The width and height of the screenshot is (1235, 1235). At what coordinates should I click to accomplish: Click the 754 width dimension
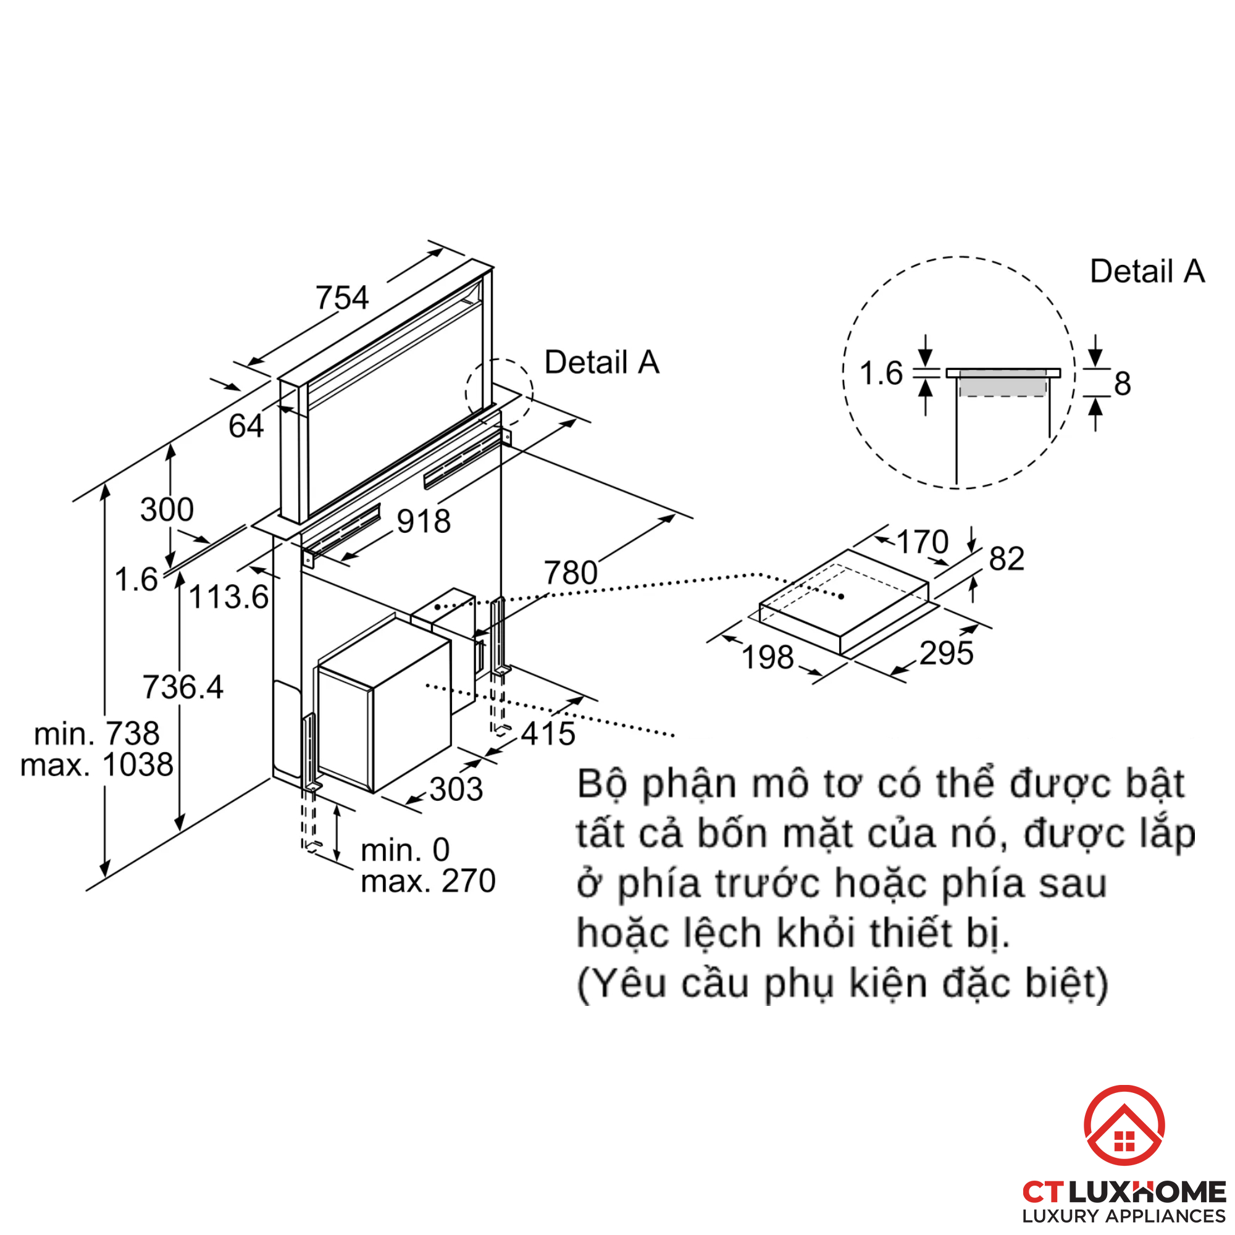(342, 298)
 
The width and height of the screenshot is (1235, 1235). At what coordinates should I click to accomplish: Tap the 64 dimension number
(246, 425)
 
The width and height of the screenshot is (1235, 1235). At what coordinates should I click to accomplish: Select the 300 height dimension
(167, 509)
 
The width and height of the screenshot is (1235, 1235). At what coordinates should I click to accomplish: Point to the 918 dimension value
(423, 521)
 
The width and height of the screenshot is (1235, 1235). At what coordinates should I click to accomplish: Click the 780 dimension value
(570, 573)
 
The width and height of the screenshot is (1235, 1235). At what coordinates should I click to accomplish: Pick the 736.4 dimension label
(183, 687)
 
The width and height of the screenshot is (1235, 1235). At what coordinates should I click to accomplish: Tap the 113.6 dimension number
(228, 597)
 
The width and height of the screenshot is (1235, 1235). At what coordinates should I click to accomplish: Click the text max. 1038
(96, 764)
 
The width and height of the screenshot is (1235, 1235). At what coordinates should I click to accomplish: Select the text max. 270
(428, 881)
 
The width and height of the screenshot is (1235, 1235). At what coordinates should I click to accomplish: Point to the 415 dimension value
(548, 733)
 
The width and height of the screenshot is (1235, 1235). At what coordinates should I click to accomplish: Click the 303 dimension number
(456, 789)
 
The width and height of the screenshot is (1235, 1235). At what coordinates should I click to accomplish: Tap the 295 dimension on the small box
(946, 653)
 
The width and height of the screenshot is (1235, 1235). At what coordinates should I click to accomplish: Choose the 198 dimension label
(768, 657)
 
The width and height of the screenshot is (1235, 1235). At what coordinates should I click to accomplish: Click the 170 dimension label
(922, 542)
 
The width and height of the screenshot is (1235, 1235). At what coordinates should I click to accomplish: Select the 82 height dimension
(1007, 559)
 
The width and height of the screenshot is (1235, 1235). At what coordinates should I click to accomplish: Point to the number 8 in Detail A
(1123, 383)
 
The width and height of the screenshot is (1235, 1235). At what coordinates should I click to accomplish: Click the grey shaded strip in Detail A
(1002, 386)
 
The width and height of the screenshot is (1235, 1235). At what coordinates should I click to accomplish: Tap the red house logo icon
(1124, 1125)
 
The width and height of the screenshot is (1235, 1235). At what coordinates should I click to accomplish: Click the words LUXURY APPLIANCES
(1123, 1216)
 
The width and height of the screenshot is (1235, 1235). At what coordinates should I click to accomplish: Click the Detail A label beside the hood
(601, 362)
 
